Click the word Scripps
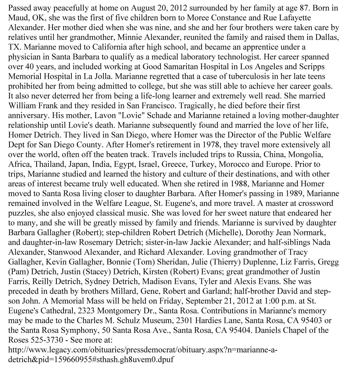[316, 67]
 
